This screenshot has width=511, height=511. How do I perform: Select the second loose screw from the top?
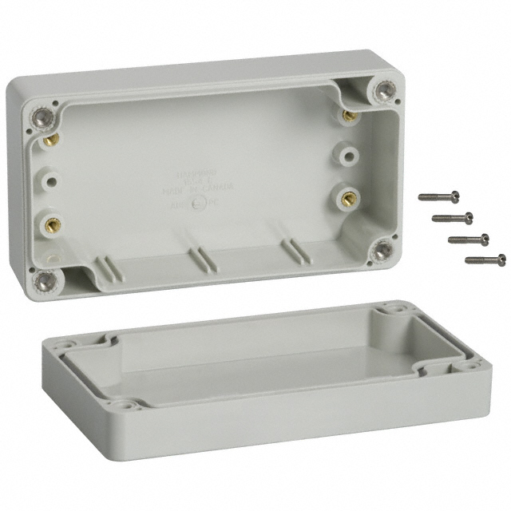[x=453, y=217]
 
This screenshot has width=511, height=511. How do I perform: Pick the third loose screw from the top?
[x=468, y=239]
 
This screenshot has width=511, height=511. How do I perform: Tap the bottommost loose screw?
[x=485, y=259]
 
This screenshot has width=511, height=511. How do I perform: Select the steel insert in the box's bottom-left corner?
[x=46, y=279]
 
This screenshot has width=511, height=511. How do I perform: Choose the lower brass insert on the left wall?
[x=53, y=224]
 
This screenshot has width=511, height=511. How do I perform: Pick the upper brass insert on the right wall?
[x=349, y=116]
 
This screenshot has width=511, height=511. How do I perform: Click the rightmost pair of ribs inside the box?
[x=295, y=249]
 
